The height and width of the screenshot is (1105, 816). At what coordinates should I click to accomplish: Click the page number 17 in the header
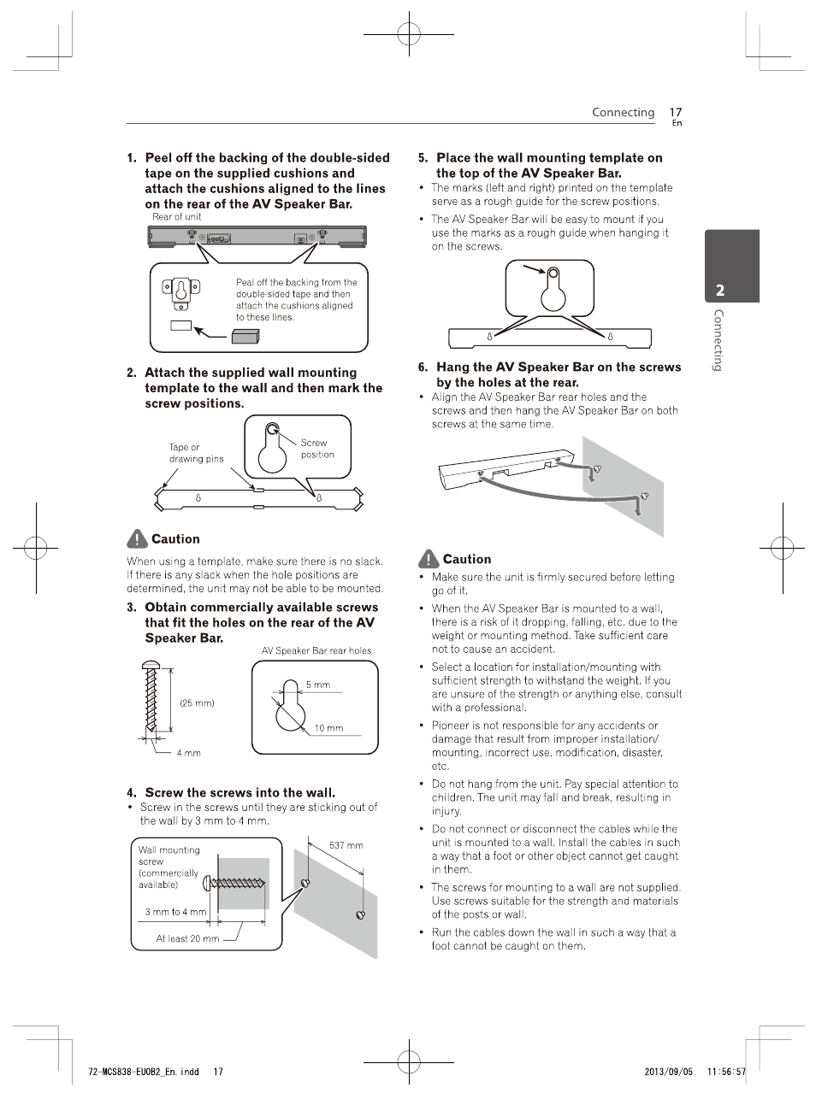[x=675, y=112]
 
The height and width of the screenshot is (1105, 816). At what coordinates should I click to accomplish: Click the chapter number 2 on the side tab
[x=720, y=291]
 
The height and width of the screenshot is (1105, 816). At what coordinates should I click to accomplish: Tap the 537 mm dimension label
[x=346, y=845]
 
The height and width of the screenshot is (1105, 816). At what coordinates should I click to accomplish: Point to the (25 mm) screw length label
[x=197, y=703]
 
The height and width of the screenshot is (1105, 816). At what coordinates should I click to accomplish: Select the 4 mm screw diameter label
[x=188, y=753]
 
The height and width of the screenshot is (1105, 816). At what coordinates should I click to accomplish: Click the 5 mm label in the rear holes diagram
[x=317, y=685]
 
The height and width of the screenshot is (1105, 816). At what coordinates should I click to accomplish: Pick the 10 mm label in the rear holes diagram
[x=328, y=728]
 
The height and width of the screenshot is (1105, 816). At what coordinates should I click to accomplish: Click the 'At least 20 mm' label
[x=187, y=937]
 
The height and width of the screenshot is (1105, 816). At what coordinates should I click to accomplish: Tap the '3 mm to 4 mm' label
[x=175, y=912]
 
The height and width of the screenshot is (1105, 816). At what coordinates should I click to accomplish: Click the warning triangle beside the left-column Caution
[x=137, y=539]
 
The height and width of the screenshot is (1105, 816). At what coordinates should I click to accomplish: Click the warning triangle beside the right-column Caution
[x=429, y=560]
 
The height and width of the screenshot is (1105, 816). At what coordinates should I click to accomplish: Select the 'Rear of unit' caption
[x=176, y=217]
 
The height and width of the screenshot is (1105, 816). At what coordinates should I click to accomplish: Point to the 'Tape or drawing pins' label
[x=196, y=453]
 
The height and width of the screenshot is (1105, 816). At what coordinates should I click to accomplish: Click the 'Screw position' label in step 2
[x=316, y=449]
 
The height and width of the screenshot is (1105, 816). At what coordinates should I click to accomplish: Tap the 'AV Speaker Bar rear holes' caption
[x=316, y=650]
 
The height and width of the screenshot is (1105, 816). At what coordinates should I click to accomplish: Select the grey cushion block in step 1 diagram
[x=245, y=334]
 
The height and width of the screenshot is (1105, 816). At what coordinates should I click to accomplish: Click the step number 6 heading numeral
[x=423, y=367]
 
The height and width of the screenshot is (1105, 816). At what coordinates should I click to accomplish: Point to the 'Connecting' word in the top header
[x=623, y=112]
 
